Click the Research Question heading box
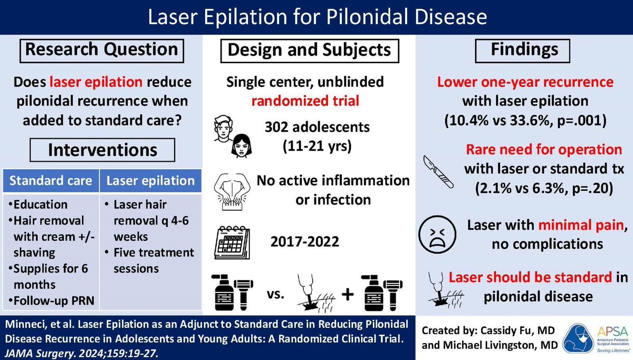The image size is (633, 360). [x=102, y=50]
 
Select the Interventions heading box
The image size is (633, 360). [x=102, y=149]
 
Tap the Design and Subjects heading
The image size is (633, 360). [x=309, y=50]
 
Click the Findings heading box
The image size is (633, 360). [x=524, y=50]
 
